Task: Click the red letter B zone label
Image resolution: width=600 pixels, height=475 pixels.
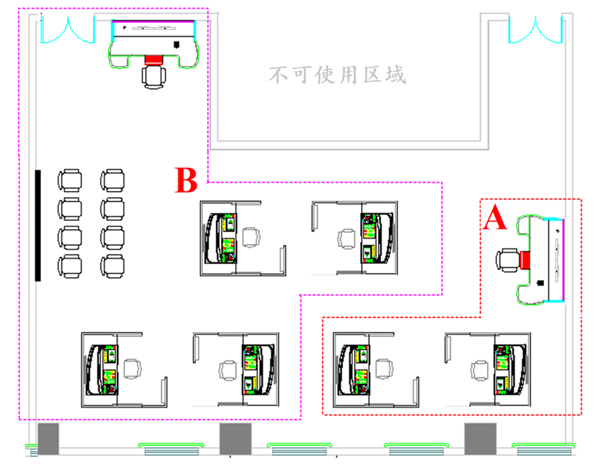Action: pos(186,180)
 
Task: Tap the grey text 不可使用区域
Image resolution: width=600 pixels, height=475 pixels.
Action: pos(337,74)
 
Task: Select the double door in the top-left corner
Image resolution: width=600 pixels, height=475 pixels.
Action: pos(68,30)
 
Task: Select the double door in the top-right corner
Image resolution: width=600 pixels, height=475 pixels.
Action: pos(535,30)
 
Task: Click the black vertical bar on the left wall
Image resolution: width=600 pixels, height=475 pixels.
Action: pos(38,226)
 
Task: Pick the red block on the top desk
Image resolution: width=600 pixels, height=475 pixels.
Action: pos(154,60)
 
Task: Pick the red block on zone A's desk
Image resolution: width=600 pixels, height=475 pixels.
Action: pos(525,260)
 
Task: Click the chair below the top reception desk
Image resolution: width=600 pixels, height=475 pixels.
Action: pos(154,77)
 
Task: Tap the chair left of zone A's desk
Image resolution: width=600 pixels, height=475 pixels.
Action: pos(508,260)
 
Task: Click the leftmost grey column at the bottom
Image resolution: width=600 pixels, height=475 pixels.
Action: pos(48,439)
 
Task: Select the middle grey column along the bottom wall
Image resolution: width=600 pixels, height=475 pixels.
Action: pos(235,439)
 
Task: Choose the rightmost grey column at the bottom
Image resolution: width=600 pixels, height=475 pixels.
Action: pos(480,439)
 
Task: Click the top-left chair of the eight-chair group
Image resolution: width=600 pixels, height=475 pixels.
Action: pos(70,180)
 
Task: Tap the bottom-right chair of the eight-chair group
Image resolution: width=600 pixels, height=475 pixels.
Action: pos(112,266)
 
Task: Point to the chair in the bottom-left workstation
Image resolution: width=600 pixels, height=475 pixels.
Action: pos(132,369)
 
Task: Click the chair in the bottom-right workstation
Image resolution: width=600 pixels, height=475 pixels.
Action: pos(479,371)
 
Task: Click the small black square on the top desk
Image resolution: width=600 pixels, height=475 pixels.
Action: pos(177,45)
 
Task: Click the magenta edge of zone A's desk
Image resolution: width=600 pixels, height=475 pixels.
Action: pos(563,260)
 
